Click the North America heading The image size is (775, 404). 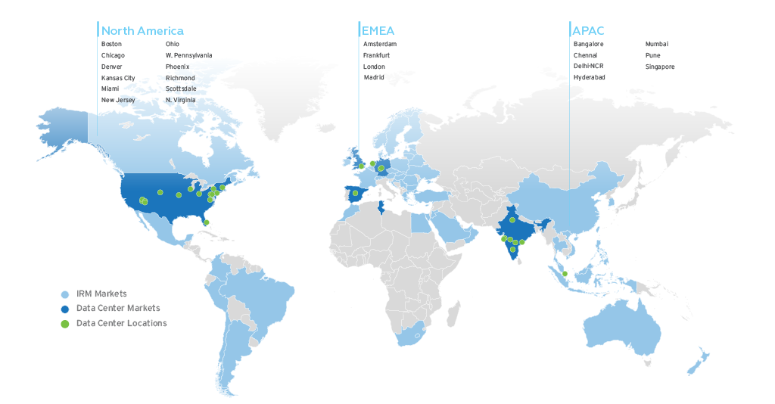[x=142, y=31]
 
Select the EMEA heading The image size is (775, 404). [x=378, y=31]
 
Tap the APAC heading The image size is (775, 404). [x=588, y=31]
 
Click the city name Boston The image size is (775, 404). [x=111, y=45]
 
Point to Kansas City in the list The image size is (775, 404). [x=118, y=78]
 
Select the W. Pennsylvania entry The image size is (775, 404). [x=188, y=55]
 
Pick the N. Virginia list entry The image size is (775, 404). [x=180, y=100]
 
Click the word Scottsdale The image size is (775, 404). [x=181, y=89]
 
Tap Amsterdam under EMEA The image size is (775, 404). [x=380, y=45]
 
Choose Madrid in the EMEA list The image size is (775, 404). [x=374, y=77]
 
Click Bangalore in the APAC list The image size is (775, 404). [x=589, y=45]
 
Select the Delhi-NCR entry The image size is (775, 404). [x=589, y=67]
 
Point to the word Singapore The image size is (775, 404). [x=660, y=67]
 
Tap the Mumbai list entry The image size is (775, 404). [x=657, y=45]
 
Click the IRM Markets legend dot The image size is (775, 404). [x=65, y=294]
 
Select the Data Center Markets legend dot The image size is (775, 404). [x=65, y=308]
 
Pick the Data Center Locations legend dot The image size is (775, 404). [x=65, y=323]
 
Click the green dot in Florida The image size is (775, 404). [x=206, y=222]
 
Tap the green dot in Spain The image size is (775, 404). [x=355, y=193]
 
